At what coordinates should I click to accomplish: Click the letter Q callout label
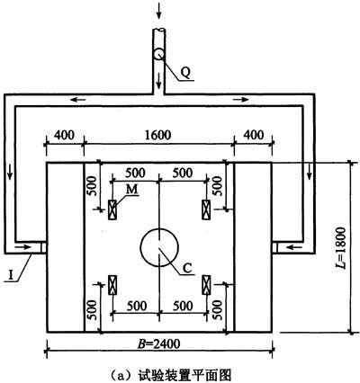click(186, 73)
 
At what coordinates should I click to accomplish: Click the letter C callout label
click(187, 268)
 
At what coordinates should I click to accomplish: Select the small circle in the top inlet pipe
click(158, 54)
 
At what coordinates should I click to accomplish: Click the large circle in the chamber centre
click(159, 228)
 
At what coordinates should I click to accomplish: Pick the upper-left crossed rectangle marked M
click(112, 209)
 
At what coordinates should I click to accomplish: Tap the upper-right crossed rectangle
click(206, 209)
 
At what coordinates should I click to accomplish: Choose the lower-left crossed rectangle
click(112, 285)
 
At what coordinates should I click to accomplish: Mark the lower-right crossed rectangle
click(206, 285)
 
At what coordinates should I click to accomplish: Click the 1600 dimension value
click(157, 135)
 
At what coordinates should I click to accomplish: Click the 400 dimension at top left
click(64, 135)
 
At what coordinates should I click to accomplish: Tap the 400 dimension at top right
click(254, 135)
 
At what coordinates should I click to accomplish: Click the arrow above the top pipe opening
click(158, 11)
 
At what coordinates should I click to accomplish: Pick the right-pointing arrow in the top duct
click(241, 100)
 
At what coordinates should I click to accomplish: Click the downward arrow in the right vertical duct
click(309, 172)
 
